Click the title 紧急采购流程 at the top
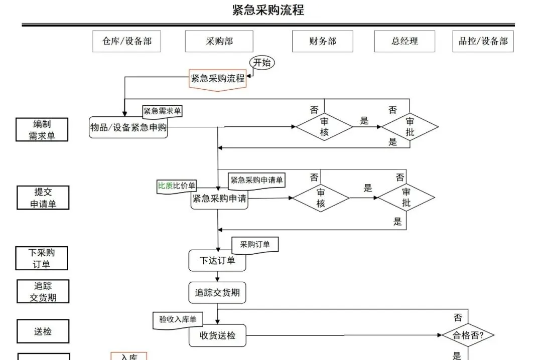point(268,10)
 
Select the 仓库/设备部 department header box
point(126,42)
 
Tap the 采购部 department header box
point(219,42)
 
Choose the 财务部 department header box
point(323,42)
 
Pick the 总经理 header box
point(404,42)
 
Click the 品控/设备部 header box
point(483,42)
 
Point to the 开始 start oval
point(262,63)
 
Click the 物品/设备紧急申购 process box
point(128,127)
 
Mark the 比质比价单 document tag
point(177,186)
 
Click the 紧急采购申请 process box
point(219,199)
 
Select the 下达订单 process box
point(217,261)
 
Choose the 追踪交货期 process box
point(217,293)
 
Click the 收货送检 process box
point(217,335)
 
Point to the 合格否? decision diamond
point(468,335)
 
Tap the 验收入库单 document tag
point(178,320)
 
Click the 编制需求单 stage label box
point(42,129)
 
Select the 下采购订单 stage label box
point(42,258)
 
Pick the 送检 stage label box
point(43,331)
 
